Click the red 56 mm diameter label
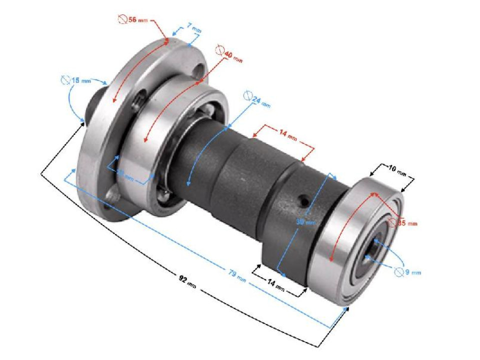tap(132, 20)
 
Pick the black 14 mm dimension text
tap(278, 286)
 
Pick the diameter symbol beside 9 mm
tap(399, 271)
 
